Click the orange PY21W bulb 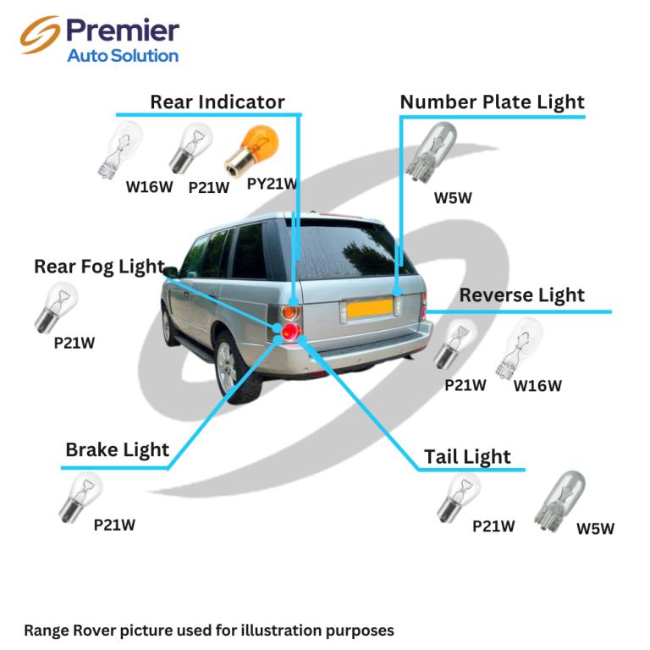coord(251,150)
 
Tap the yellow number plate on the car coord(369,308)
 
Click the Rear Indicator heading coord(218,102)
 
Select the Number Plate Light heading coord(492,102)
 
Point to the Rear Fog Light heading coord(100,267)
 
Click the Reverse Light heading coord(522,296)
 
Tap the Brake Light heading coord(118,450)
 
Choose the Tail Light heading coord(467,458)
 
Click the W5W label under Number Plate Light coord(453,198)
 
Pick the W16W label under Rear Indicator coord(149,187)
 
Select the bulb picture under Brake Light coord(80,497)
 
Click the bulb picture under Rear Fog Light coord(56,307)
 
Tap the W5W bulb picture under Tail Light coord(559,502)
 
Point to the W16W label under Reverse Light coord(537,386)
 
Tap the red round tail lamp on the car coord(291,332)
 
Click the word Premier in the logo coord(123,30)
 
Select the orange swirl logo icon coord(40,35)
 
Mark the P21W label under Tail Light coord(493,526)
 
